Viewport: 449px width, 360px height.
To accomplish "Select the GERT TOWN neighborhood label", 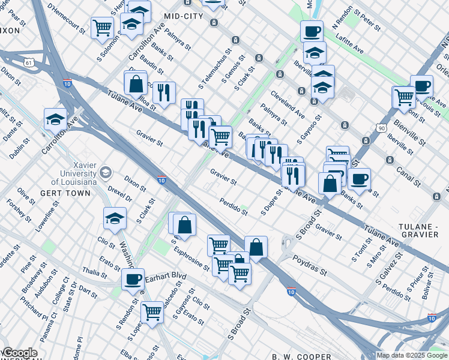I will click(66, 193).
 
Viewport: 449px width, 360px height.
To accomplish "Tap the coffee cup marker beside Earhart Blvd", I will click(133, 278).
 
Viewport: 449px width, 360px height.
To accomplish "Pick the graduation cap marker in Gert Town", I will click(115, 219).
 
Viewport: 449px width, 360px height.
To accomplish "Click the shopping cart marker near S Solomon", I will click(102, 28).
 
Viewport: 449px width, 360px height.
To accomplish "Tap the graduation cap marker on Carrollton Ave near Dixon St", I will click(55, 119).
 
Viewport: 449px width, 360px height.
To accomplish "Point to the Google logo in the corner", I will click(20, 353).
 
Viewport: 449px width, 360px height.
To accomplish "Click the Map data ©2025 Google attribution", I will click(412, 356).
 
